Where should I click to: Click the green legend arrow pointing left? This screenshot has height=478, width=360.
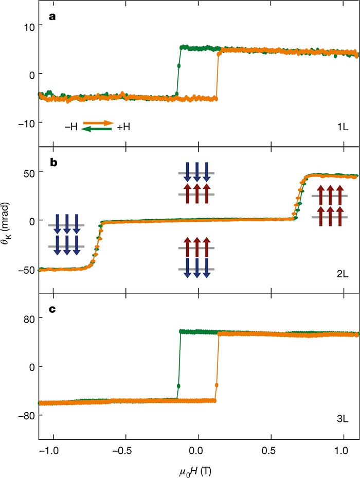(97, 129)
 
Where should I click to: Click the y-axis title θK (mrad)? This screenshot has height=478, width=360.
(9, 220)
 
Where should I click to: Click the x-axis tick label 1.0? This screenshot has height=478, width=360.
(343, 453)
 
